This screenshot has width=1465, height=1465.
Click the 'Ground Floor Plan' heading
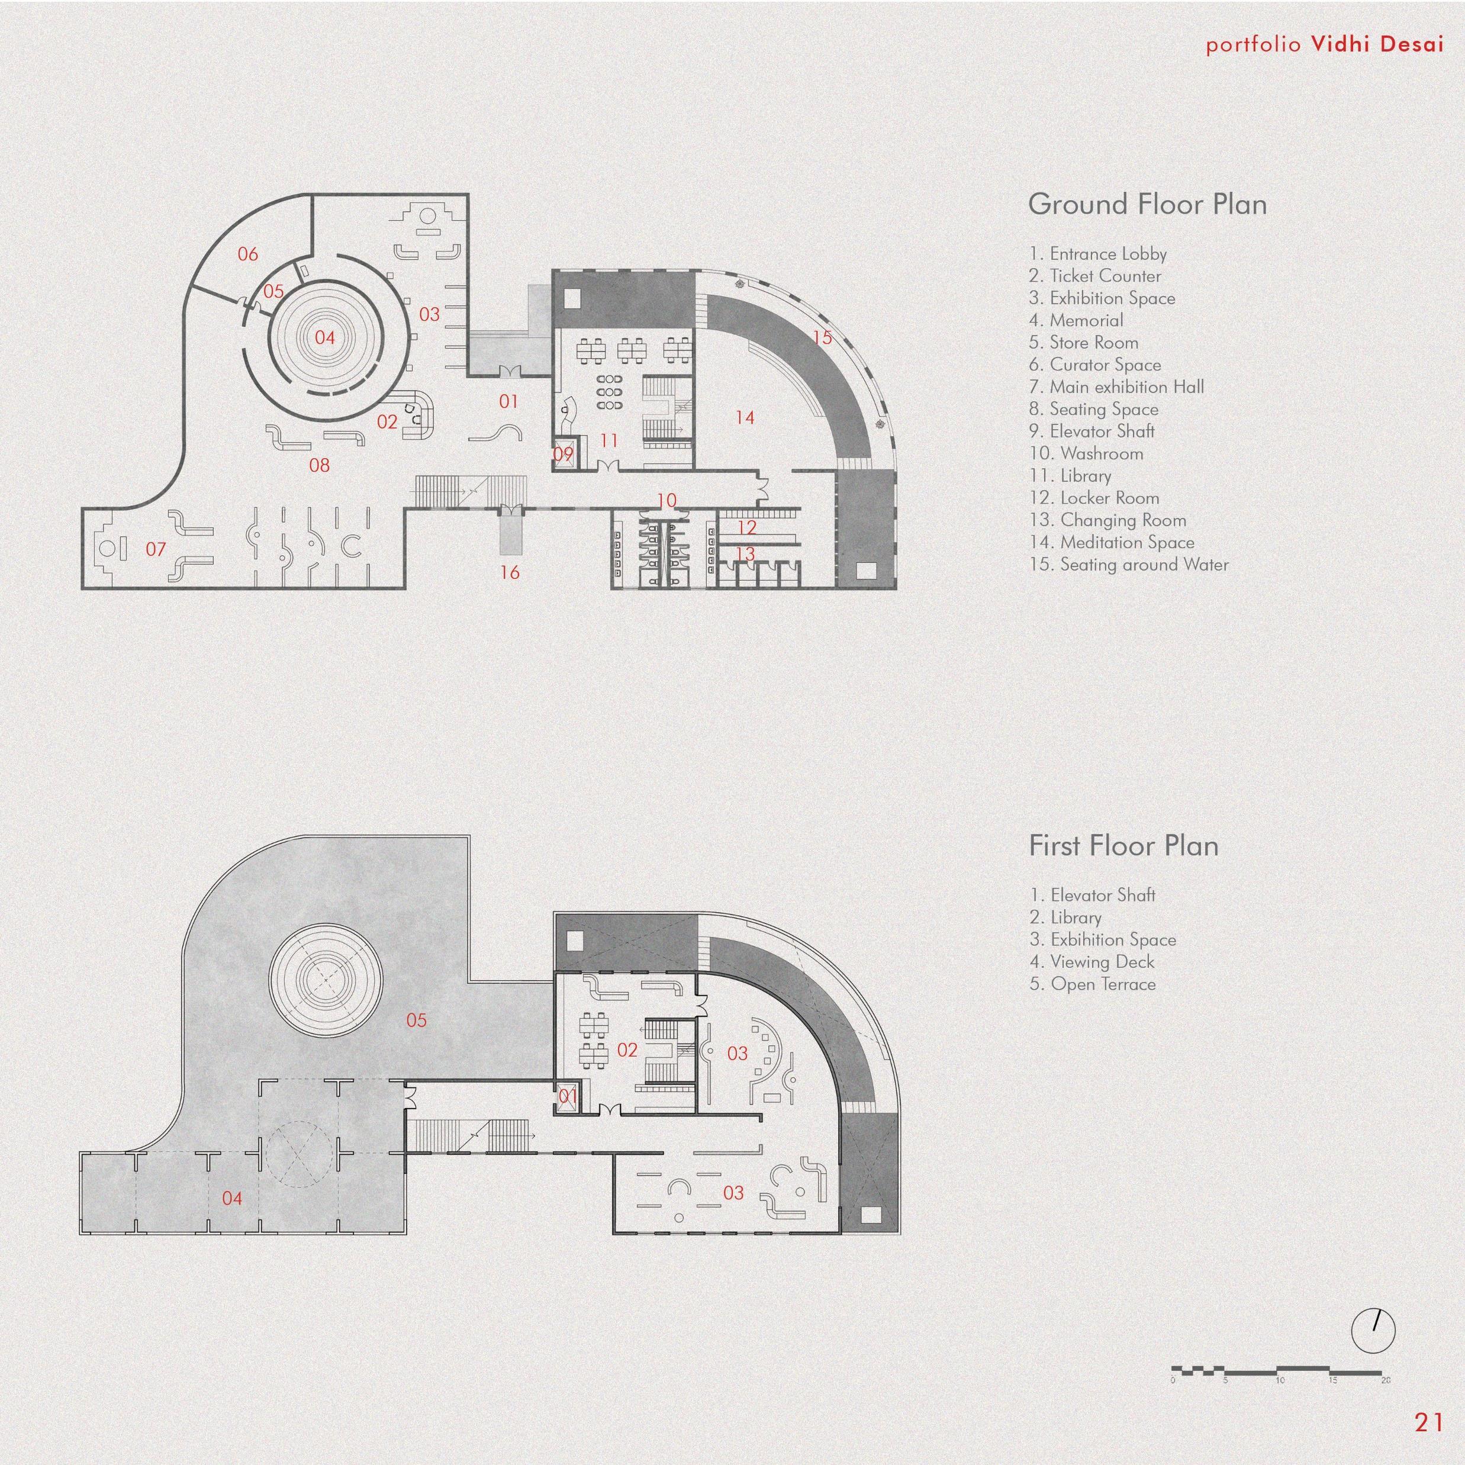click(1147, 205)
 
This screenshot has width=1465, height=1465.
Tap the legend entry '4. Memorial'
click(1076, 321)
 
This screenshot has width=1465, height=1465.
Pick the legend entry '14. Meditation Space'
click(1112, 542)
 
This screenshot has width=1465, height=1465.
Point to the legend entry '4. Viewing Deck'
click(1092, 961)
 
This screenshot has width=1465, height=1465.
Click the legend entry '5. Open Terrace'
click(1093, 984)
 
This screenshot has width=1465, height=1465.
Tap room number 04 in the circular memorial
click(324, 337)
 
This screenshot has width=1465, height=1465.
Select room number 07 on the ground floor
click(156, 548)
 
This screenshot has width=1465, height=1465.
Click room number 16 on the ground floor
click(510, 572)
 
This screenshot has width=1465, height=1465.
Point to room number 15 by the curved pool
click(822, 337)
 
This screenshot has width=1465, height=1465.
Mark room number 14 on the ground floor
click(745, 417)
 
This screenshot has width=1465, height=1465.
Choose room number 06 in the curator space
click(248, 254)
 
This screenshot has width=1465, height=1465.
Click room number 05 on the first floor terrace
click(416, 1020)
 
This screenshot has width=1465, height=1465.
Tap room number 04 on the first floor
click(232, 1198)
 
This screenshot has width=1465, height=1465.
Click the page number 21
click(1429, 1422)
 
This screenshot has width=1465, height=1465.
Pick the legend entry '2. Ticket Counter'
click(1095, 276)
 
